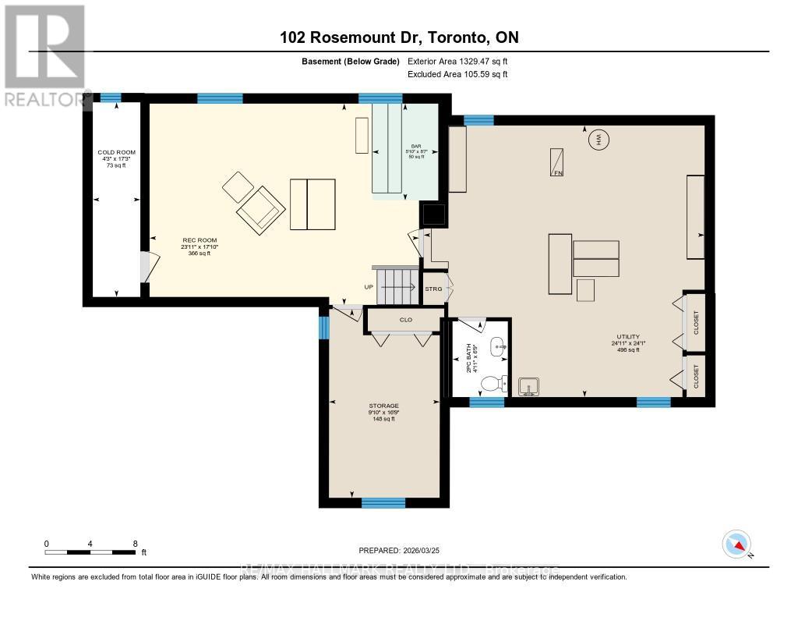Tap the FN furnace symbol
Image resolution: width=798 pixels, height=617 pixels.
pyautogui.click(x=557, y=162)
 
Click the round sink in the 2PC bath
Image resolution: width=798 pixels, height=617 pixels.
pyautogui.click(x=500, y=345)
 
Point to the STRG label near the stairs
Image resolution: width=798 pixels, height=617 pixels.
pyautogui.click(x=433, y=289)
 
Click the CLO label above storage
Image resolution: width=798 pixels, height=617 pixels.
pyautogui.click(x=405, y=320)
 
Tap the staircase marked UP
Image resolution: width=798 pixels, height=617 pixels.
pyautogui.click(x=397, y=285)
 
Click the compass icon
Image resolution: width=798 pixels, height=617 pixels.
pyautogui.click(x=737, y=544)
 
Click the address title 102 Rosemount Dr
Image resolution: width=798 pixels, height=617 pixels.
pyautogui.click(x=399, y=37)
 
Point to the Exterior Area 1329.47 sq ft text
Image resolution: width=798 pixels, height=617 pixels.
pyautogui.click(x=457, y=61)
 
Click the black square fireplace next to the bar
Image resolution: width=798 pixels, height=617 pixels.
pyautogui.click(x=433, y=214)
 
